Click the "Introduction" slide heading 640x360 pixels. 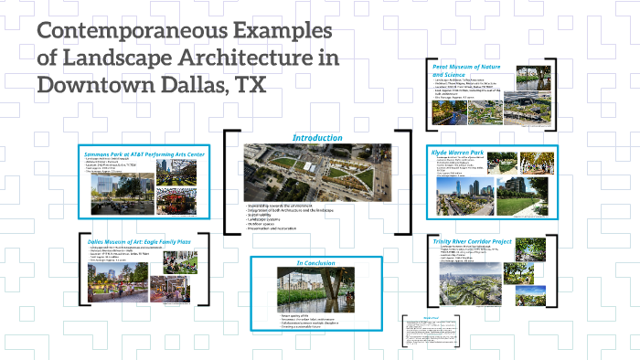point(317,138)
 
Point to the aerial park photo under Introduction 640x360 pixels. point(316,171)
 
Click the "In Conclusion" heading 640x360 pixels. point(315,263)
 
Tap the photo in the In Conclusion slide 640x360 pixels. point(315,291)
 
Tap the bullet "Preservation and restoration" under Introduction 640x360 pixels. point(274,228)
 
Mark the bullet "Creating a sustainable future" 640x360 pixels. point(302,328)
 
